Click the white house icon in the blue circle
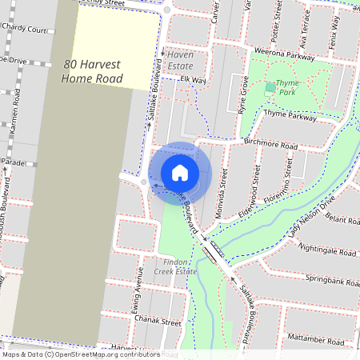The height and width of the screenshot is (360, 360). coord(180,172)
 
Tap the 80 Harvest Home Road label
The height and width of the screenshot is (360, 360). coord(93,72)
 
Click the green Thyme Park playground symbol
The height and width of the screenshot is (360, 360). coord(270,86)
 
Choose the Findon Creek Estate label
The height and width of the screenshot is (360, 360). coord(175,266)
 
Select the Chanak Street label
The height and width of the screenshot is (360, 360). coord(158,322)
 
